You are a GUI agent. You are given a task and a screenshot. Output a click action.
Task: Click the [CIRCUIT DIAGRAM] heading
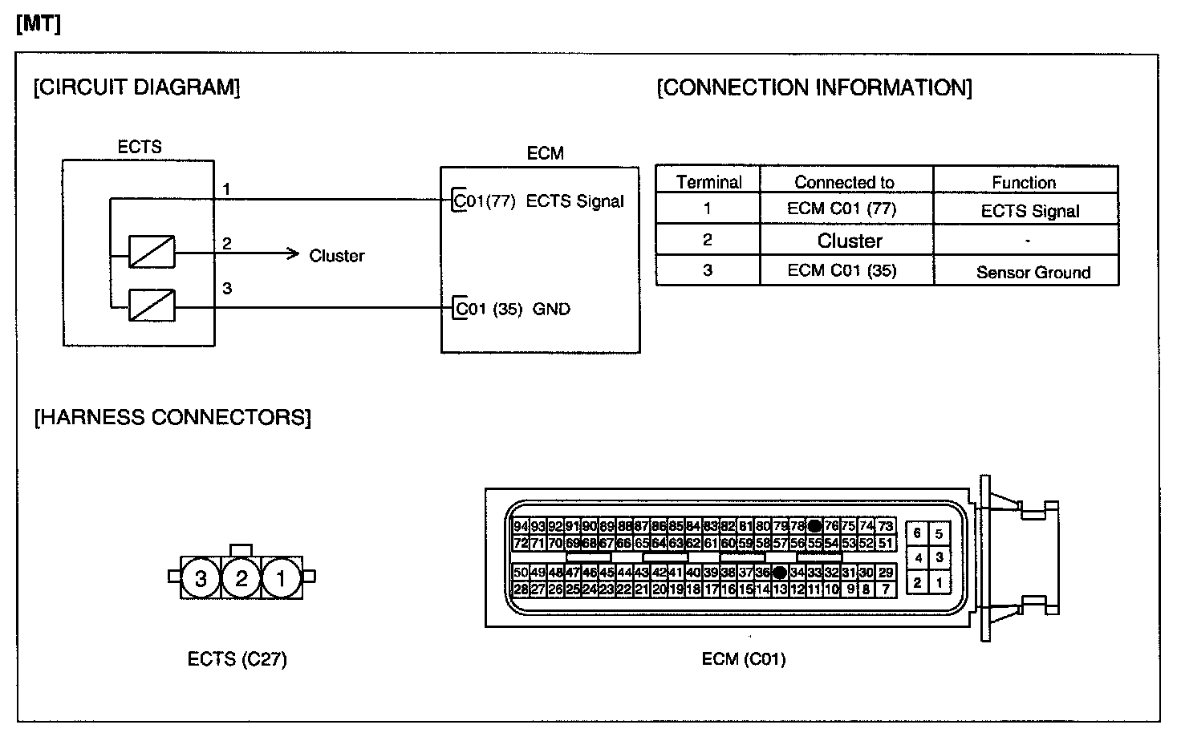click(136, 87)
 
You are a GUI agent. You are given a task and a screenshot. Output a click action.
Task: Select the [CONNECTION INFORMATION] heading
click(814, 87)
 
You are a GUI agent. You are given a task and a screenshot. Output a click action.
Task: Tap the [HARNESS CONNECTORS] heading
click(172, 417)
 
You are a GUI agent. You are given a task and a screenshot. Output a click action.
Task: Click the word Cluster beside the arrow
click(337, 256)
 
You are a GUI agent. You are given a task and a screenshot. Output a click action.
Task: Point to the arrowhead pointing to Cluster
click(293, 255)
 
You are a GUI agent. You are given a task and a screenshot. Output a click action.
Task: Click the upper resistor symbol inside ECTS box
click(152, 251)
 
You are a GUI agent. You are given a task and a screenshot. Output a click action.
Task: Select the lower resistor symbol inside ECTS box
click(152, 306)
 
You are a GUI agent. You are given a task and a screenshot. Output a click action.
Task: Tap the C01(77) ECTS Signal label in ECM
click(538, 201)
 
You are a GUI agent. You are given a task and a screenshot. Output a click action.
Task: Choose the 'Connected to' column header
click(844, 182)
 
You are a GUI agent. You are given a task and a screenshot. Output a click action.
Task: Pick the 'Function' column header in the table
click(1024, 182)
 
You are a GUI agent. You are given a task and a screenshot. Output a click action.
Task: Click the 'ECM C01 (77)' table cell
click(842, 209)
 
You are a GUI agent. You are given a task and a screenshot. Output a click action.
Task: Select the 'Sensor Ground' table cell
click(1033, 272)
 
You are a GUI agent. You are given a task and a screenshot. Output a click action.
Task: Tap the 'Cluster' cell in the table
click(850, 241)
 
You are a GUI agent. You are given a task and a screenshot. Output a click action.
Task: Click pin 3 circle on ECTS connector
click(201, 577)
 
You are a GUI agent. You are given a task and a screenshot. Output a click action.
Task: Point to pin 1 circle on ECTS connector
click(281, 577)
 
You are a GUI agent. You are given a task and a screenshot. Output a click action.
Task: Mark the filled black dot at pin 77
click(814, 526)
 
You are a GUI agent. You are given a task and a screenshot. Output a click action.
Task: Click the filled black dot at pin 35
click(779, 573)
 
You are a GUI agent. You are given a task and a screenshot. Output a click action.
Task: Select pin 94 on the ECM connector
click(521, 526)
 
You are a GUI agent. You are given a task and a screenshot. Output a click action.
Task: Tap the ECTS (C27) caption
click(237, 659)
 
